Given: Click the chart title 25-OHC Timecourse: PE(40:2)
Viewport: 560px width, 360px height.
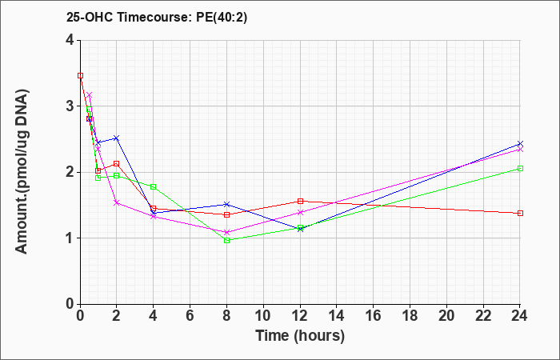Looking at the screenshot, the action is point(157,17).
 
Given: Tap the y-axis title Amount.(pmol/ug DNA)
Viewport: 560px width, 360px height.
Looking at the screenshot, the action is point(22,171).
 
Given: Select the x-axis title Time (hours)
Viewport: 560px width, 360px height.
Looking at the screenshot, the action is point(300,336).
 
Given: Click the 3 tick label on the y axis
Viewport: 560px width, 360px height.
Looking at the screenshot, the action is point(70,106).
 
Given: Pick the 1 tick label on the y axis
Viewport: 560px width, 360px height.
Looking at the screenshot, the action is point(70,238).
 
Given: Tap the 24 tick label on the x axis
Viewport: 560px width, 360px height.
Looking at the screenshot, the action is point(520,315).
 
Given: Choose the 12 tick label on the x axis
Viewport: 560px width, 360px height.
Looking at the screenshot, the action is point(300,315).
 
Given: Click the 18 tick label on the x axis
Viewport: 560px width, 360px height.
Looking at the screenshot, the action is point(410,315).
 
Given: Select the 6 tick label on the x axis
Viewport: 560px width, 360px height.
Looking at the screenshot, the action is point(190,315).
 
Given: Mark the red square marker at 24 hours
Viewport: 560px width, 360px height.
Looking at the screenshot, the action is point(520,214).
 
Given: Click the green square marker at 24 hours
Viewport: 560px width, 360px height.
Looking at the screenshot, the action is point(520,168).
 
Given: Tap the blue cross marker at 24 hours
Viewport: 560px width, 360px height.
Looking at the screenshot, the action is point(520,143).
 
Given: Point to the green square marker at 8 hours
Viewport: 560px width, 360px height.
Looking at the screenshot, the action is point(226,240).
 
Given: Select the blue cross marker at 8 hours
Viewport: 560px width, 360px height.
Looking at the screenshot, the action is point(226,204).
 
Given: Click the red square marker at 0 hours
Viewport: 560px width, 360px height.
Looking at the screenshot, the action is point(80,76).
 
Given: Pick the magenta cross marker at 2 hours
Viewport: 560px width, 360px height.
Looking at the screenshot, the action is point(117,203).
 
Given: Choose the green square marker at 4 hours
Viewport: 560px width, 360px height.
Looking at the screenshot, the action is point(154,186).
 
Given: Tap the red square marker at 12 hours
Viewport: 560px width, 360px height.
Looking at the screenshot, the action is point(300,201).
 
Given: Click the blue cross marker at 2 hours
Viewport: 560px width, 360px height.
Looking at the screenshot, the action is point(117,138).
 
